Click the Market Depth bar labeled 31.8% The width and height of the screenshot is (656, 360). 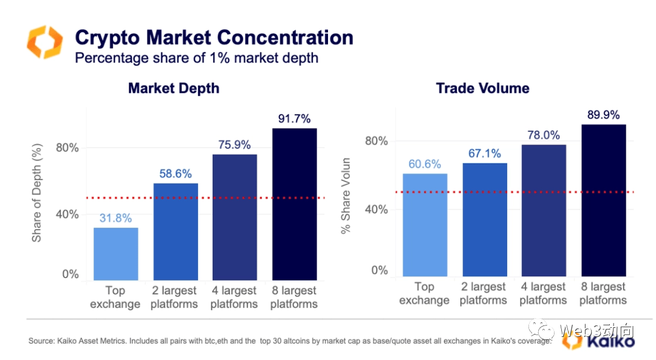pyautogui.click(x=115, y=254)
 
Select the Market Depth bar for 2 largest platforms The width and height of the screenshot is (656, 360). pyautogui.click(x=176, y=231)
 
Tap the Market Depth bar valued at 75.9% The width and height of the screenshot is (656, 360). pyautogui.click(x=234, y=217)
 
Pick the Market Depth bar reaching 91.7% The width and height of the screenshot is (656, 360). pyautogui.click(x=295, y=204)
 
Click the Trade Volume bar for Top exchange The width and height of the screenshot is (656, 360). pyautogui.click(x=425, y=225)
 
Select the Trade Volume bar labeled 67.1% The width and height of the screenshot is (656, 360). pyautogui.click(x=485, y=220)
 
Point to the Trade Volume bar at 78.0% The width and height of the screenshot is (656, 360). pyautogui.click(x=544, y=210)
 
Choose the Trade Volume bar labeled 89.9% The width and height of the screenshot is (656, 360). pyautogui.click(x=604, y=200)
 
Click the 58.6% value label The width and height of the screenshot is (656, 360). pyautogui.click(x=175, y=173)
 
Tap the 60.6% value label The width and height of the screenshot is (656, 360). pyautogui.click(x=425, y=164)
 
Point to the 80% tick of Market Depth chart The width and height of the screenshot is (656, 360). pyautogui.click(x=67, y=148)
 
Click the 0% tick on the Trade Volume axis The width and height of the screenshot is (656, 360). pyautogui.click(x=380, y=270)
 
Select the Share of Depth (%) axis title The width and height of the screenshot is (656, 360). pyautogui.click(x=37, y=193)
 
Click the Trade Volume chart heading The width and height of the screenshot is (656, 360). pyautogui.click(x=482, y=88)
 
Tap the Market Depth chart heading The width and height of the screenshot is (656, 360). pyautogui.click(x=174, y=88)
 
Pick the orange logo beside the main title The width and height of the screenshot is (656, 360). pyautogui.click(x=44, y=42)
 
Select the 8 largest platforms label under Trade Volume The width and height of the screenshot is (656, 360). pyautogui.click(x=603, y=293)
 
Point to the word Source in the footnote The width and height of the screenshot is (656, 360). pyautogui.click(x=39, y=341)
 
